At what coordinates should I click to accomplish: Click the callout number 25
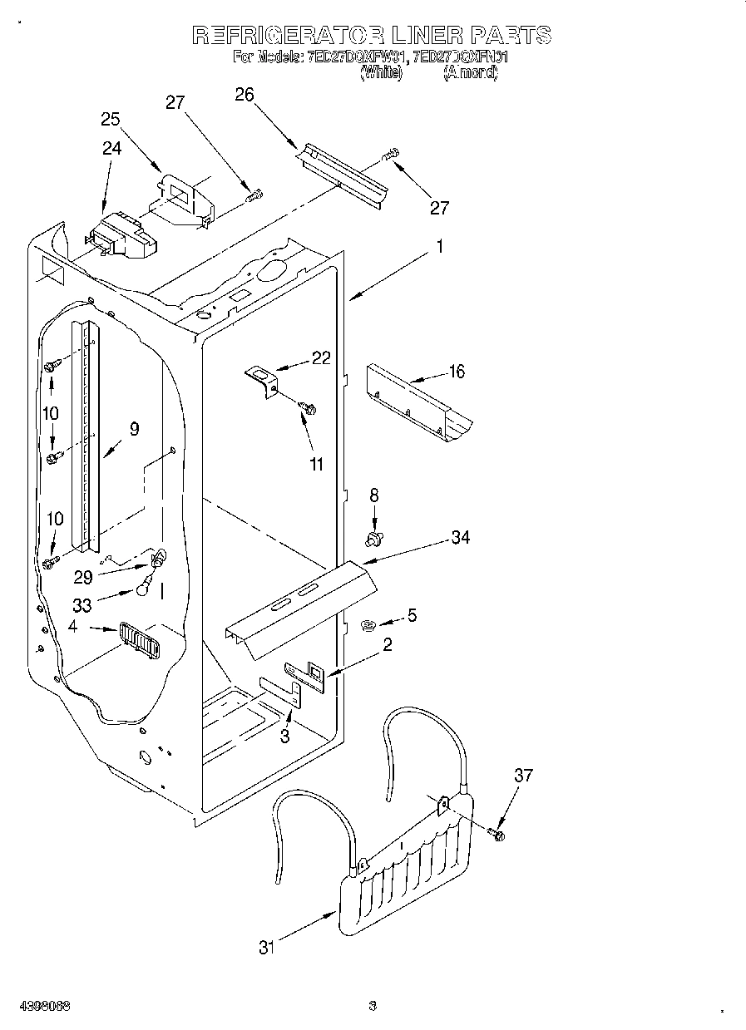[x=111, y=119]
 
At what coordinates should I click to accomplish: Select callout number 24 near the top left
[x=111, y=148]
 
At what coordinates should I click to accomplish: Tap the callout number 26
[x=244, y=94]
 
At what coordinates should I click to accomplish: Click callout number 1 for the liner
[x=440, y=247]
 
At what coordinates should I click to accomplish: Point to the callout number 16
[x=457, y=371]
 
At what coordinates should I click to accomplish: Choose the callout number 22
[x=321, y=358]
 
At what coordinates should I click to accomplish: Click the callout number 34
[x=460, y=538]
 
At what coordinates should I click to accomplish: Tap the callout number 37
[x=522, y=776]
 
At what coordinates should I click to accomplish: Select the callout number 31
[x=266, y=947]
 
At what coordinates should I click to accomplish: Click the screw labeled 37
[x=498, y=833]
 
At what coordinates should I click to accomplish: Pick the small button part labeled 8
[x=373, y=540]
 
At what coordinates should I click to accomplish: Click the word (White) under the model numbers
[x=381, y=73]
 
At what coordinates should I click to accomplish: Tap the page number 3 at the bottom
[x=373, y=1007]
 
